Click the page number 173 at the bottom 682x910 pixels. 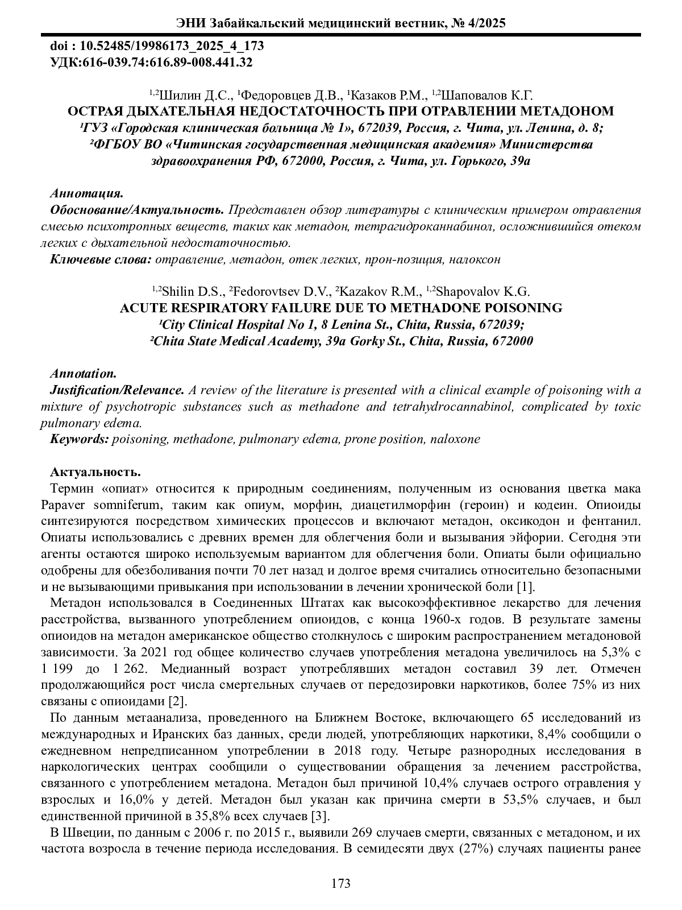[340, 883]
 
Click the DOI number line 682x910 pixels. [157, 46]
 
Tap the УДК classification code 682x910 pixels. [152, 62]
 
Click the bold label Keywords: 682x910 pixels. [80, 439]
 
